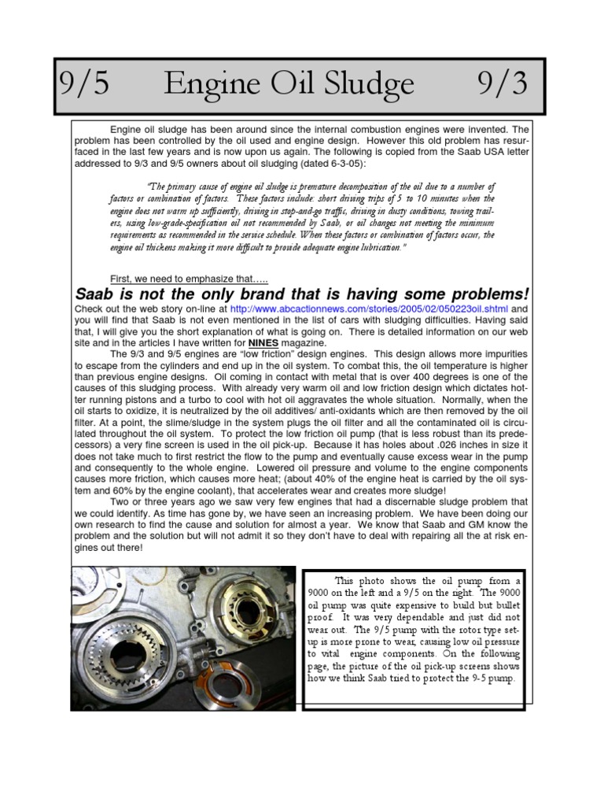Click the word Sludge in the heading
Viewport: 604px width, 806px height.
click(x=367, y=83)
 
